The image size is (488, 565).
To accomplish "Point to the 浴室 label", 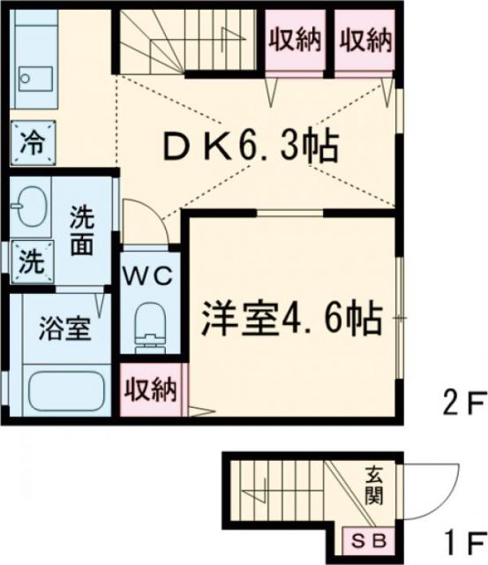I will pyautogui.click(x=63, y=331).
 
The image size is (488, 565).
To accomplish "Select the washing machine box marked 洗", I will pyautogui.click(x=31, y=261).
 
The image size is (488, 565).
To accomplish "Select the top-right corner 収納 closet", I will pyautogui.click(x=364, y=41).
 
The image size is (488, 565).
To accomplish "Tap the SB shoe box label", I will pyautogui.click(x=365, y=539).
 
